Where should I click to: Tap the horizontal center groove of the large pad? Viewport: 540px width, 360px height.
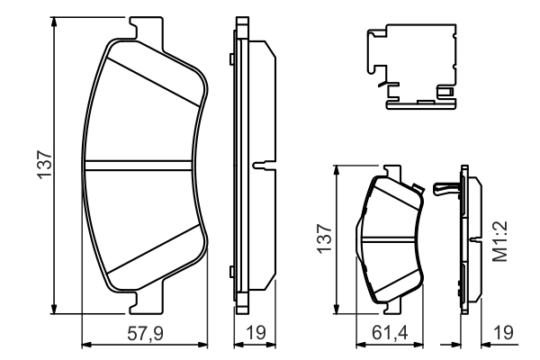(144, 166)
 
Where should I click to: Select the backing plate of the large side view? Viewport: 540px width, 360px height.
(238, 166)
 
